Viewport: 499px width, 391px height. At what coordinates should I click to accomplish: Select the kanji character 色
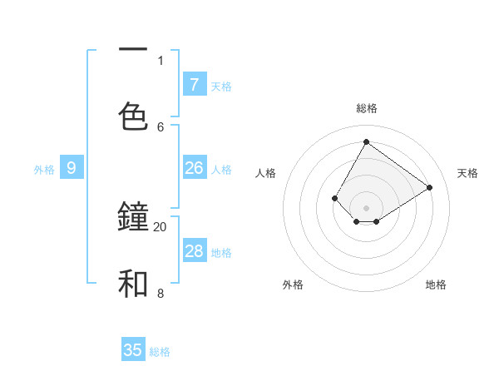pyautogui.click(x=133, y=117)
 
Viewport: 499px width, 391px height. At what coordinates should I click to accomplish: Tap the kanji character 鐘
pyautogui.click(x=133, y=218)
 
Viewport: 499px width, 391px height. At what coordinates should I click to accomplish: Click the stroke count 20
pyautogui.click(x=160, y=226)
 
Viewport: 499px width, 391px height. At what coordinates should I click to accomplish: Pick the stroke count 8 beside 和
pyautogui.click(x=160, y=293)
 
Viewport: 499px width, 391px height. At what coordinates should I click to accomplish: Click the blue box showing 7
pyautogui.click(x=194, y=84)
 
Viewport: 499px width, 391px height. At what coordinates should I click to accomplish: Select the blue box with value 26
pyautogui.click(x=194, y=168)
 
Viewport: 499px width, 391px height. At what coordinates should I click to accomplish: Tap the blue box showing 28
pyautogui.click(x=194, y=251)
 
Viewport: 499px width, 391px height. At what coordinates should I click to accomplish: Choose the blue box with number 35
pyautogui.click(x=133, y=350)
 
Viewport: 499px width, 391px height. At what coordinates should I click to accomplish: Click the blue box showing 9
pyautogui.click(x=72, y=168)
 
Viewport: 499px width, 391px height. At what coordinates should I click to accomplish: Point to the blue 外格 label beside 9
pyautogui.click(x=44, y=169)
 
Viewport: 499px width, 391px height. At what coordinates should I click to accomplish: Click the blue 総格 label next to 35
pyautogui.click(x=160, y=351)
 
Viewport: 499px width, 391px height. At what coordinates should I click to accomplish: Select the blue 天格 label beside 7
pyautogui.click(x=221, y=86)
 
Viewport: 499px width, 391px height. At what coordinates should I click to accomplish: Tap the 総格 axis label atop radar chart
pyautogui.click(x=367, y=108)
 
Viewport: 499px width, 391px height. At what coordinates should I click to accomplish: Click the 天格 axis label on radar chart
pyautogui.click(x=467, y=173)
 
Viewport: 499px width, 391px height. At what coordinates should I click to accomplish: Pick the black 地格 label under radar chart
pyautogui.click(x=436, y=285)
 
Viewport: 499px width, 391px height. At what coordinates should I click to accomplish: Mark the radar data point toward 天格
pyautogui.click(x=429, y=187)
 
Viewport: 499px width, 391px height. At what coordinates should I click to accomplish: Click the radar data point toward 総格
pyautogui.click(x=366, y=141)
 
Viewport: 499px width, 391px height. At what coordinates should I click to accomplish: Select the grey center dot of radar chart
pyautogui.click(x=366, y=208)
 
